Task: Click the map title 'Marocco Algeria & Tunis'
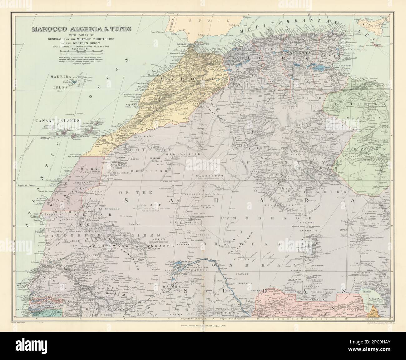pos(81,30)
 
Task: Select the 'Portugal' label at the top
pos(170,27)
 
